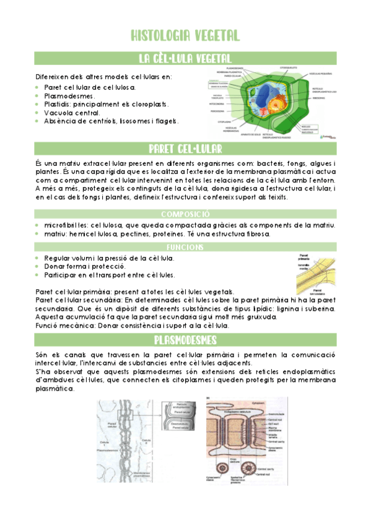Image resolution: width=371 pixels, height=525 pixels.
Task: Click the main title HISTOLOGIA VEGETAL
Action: pyautogui.click(x=186, y=35)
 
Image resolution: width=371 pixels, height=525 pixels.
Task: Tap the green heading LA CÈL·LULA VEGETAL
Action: pyautogui.click(x=185, y=59)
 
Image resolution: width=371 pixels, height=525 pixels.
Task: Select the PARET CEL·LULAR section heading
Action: pyautogui.click(x=185, y=149)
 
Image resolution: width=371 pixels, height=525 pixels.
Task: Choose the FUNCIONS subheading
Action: pyautogui.click(x=185, y=246)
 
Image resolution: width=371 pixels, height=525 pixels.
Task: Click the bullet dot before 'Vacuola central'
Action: pyautogui.click(x=37, y=113)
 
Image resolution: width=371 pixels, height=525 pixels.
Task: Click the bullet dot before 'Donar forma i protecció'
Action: pyautogui.click(x=37, y=266)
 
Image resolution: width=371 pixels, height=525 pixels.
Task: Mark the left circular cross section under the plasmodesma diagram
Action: pyautogui.click(x=234, y=468)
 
